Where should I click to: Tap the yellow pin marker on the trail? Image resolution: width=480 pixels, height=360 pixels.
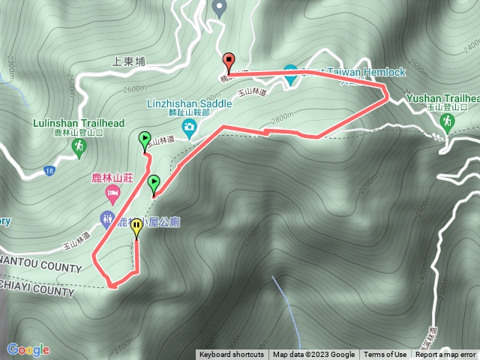pyautogui.click(x=136, y=227)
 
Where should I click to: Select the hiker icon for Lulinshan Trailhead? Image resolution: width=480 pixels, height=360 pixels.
pyautogui.click(x=77, y=148)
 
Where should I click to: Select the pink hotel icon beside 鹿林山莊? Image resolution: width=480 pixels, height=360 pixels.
pyautogui.click(x=112, y=195)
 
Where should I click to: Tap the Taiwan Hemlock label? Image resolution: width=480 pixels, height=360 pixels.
pyautogui.click(x=363, y=72)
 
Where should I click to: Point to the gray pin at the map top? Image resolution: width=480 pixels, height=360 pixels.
pyautogui.click(x=219, y=8)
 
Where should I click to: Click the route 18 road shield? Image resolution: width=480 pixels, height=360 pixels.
pyautogui.click(x=49, y=170)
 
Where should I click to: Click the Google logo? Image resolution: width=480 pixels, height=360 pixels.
pyautogui.click(x=28, y=349)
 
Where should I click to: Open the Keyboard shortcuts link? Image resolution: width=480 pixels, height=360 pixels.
pyautogui.click(x=232, y=355)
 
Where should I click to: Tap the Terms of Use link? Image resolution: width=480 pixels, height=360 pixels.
pyautogui.click(x=385, y=355)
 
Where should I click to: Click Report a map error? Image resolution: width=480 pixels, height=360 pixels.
pyautogui.click(x=445, y=355)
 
